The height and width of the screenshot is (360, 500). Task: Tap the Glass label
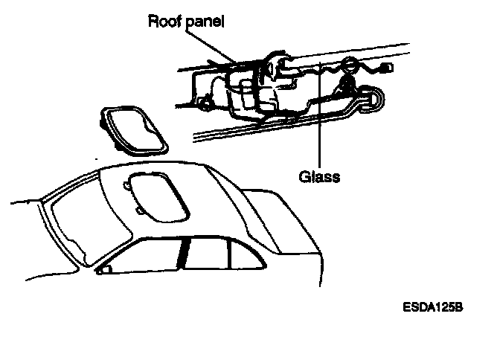[319, 177]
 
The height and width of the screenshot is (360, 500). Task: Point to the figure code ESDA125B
[434, 306]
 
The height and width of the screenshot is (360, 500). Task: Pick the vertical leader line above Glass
[320, 119]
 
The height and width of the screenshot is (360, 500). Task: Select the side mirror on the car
[106, 269]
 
